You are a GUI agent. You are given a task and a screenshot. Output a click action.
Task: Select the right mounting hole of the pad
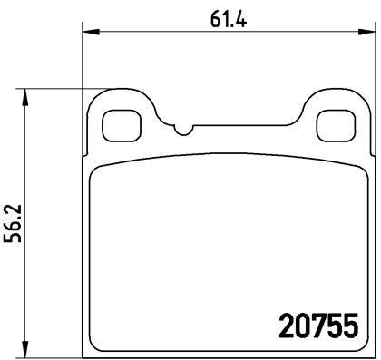335,124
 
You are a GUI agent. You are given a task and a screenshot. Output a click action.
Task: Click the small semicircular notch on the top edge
184,130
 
